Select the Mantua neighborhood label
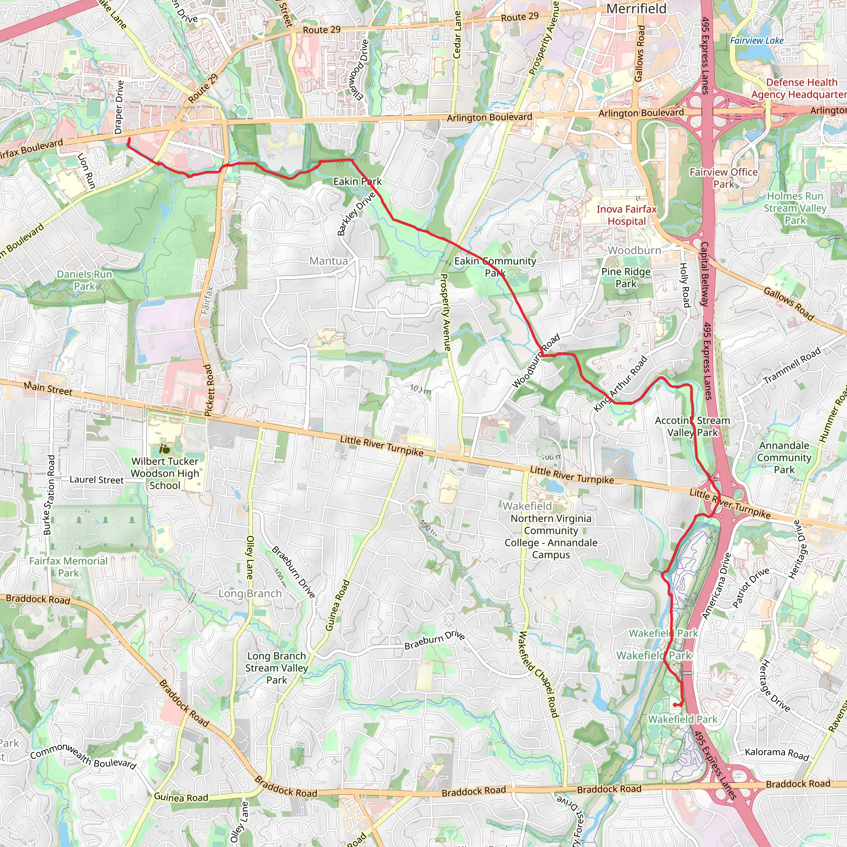[328, 261]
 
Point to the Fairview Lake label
[757, 41]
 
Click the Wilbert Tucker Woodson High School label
[165, 474]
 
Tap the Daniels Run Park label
[85, 280]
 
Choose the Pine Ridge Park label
[626, 278]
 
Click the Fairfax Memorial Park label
[68, 567]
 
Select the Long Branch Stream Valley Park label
[276, 668]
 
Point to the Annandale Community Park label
[784, 458]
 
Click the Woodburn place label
[634, 250]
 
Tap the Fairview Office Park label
[723, 178]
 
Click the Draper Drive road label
[119, 108]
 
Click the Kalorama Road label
[777, 754]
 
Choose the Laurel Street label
[96, 480]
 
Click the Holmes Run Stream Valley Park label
[795, 208]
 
